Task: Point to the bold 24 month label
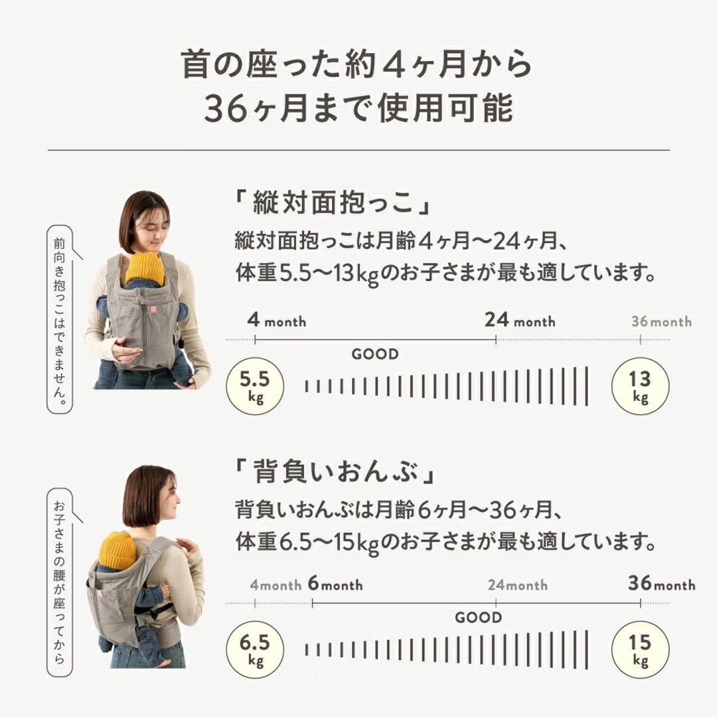(520, 321)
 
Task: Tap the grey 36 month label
(661, 322)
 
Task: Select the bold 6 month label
(335, 585)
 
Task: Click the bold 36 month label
(661, 584)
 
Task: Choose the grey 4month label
(276, 586)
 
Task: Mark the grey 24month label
(518, 586)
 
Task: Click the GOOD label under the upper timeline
(375, 355)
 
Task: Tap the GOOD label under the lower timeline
(478, 618)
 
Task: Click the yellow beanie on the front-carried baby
(145, 268)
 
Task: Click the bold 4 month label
(277, 321)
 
